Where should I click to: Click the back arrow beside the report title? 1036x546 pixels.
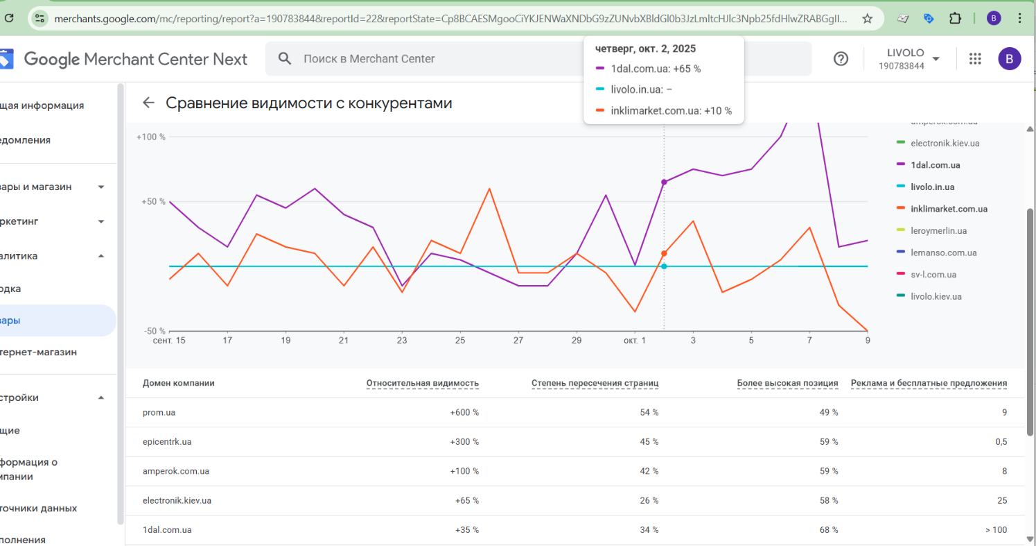tap(148, 103)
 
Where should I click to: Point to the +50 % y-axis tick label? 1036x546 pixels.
tap(153, 202)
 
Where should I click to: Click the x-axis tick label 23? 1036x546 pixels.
tap(402, 341)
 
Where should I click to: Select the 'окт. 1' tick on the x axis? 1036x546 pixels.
tap(634, 341)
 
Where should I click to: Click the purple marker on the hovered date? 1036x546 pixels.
tap(664, 182)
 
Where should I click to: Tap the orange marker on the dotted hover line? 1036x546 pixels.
tap(664, 254)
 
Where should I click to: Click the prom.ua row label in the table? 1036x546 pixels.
tap(159, 413)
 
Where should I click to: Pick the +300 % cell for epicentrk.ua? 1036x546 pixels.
tap(464, 442)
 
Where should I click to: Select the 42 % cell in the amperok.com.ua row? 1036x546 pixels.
tap(649, 471)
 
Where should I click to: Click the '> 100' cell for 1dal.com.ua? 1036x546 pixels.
tap(996, 530)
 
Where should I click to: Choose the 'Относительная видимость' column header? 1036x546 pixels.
tap(422, 383)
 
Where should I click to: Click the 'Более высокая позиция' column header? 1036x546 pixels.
tap(787, 383)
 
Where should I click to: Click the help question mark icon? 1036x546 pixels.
tap(841, 59)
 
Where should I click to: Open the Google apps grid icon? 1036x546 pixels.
tap(975, 59)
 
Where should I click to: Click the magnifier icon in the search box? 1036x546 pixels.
tap(285, 59)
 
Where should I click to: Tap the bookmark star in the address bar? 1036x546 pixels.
tap(867, 19)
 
